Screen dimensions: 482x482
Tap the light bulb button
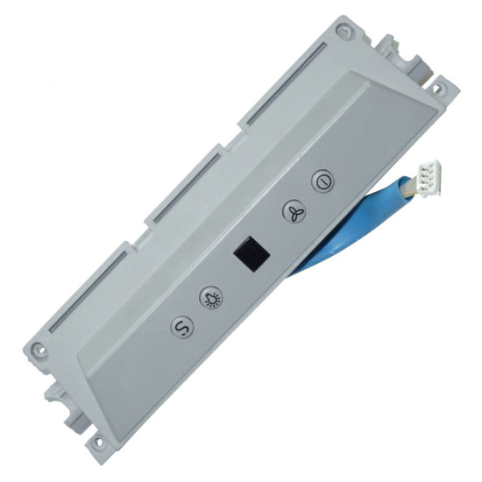tap(212, 298)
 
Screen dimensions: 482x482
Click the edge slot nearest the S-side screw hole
tap(88, 289)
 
